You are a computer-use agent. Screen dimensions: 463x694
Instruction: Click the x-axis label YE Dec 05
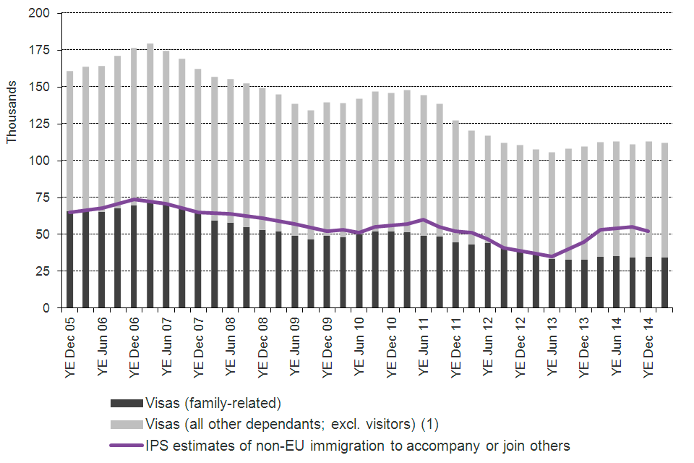[x=69, y=344]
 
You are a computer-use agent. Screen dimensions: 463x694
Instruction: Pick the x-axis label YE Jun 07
[x=166, y=344]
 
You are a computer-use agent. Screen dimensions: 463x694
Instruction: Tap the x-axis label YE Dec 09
[x=326, y=344]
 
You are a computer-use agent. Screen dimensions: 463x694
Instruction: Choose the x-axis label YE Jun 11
[x=423, y=344]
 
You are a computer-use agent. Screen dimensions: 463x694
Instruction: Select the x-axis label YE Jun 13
[x=552, y=344]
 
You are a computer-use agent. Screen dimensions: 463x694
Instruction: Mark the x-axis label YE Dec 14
[x=648, y=344]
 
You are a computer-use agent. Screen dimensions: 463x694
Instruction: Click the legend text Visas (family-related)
[x=213, y=404]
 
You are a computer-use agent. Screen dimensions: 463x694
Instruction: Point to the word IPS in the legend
[x=158, y=445]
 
